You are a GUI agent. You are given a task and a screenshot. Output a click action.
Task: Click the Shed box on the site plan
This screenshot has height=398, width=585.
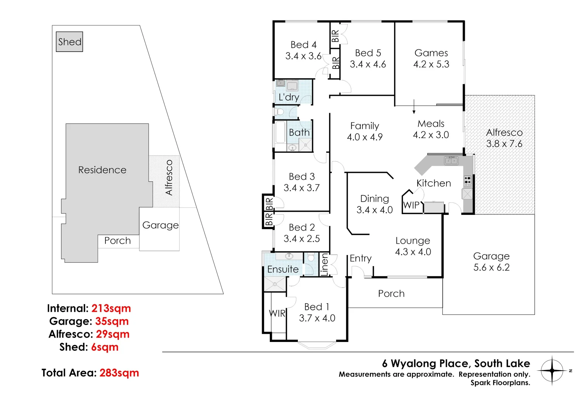point(69,42)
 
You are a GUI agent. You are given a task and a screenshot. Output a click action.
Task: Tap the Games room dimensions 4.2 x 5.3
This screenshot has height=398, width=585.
point(431,64)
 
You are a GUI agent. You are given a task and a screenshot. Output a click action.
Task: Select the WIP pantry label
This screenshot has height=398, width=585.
point(411,205)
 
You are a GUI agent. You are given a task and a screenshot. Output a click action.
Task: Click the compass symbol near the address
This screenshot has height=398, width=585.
point(552,370)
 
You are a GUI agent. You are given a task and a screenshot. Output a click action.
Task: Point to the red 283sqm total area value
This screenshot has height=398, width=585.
point(119,373)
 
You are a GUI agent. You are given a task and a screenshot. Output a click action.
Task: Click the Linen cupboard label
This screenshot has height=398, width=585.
point(324,264)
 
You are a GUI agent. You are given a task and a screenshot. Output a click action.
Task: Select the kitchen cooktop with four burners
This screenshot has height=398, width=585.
point(467,181)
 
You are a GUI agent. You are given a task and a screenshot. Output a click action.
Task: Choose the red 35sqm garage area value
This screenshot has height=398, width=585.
point(112,321)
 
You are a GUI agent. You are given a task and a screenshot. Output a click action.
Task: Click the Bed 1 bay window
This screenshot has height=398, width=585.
point(317,345)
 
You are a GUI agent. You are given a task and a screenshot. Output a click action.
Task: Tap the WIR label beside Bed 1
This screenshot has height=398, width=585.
point(277,313)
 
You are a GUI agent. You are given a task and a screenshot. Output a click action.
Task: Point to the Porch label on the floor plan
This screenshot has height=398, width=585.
point(391,294)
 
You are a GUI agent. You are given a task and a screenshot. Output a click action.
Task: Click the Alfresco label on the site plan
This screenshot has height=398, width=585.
point(169,178)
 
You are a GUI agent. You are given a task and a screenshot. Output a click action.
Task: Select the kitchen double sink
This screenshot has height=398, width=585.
point(451,161)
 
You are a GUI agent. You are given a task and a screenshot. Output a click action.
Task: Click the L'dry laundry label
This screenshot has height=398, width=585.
point(289,97)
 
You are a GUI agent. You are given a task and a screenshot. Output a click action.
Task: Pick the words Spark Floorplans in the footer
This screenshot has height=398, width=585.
point(500,383)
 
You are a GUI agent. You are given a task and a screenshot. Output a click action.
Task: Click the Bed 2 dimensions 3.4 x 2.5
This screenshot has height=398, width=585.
point(302,239)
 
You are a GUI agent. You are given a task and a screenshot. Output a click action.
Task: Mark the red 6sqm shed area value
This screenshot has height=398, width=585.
point(105,347)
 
